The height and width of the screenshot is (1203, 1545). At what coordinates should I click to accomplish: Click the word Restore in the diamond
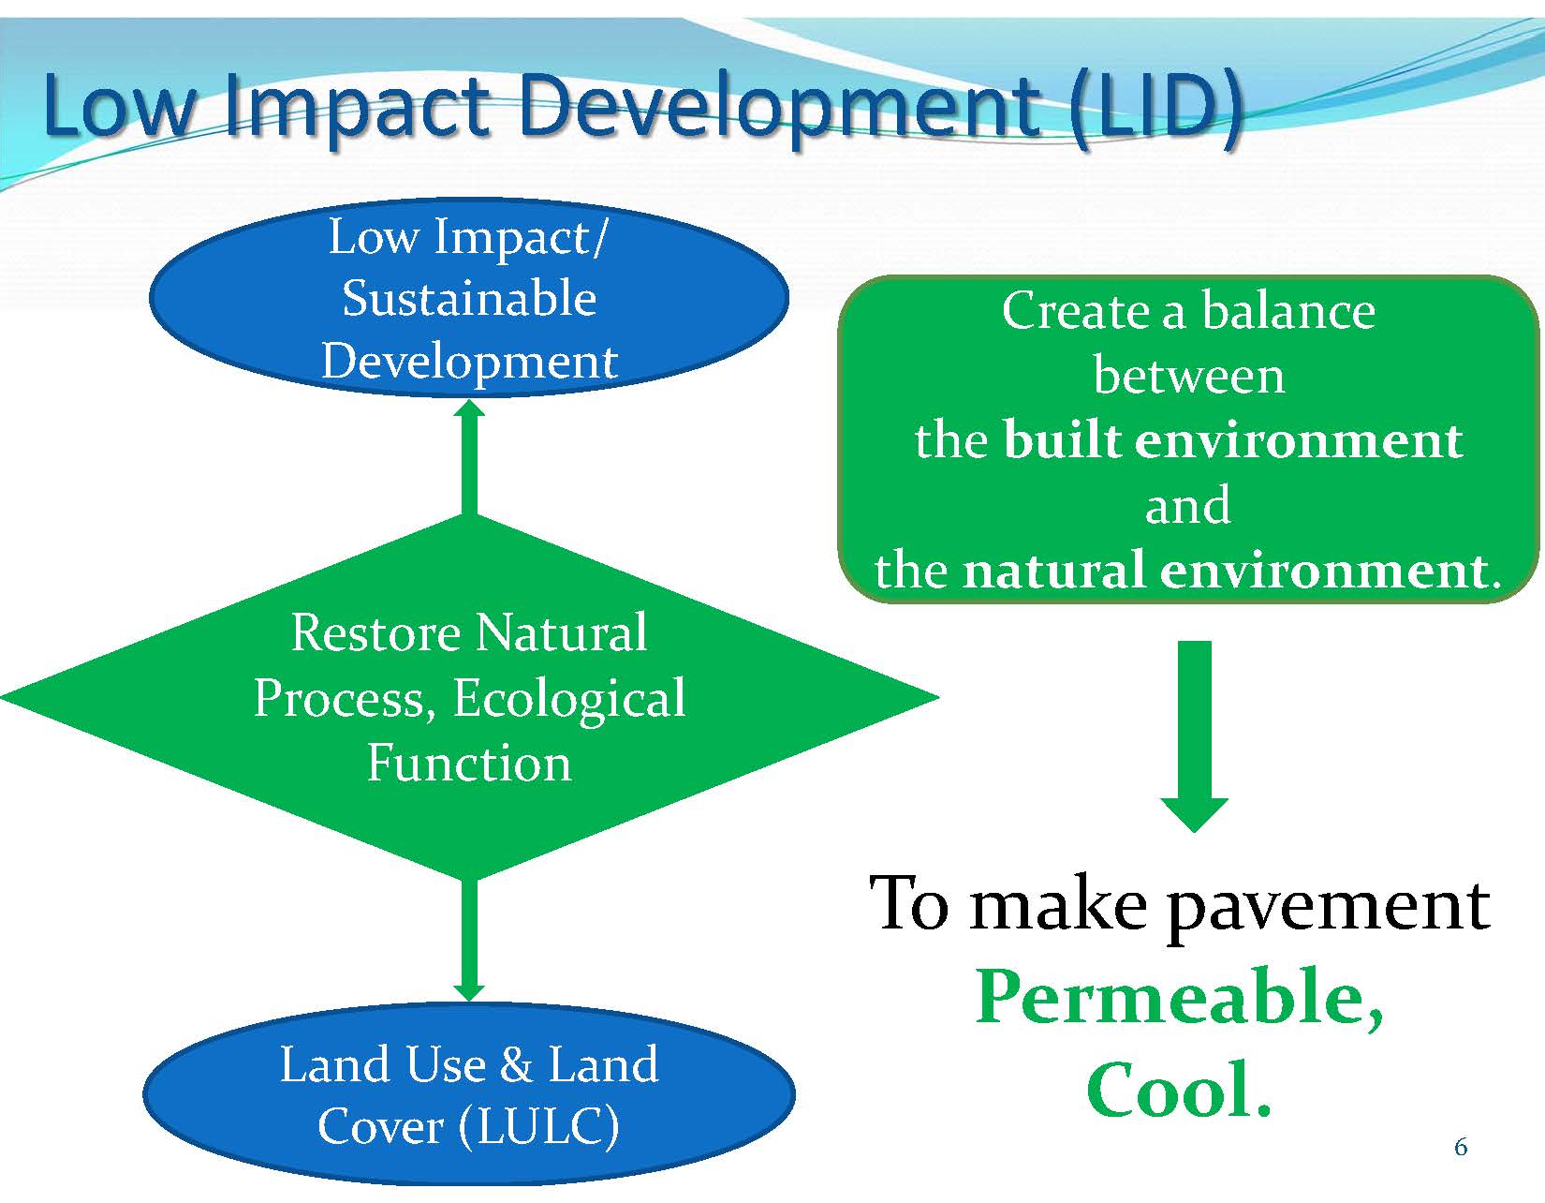click(x=375, y=632)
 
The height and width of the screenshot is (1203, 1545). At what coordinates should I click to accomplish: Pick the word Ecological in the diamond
click(x=568, y=700)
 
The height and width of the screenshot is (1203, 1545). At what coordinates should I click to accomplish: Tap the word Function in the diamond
click(x=469, y=764)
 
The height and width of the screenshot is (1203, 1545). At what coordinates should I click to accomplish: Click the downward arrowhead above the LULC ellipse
click(x=469, y=993)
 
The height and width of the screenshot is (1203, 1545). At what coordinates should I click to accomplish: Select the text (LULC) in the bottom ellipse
click(x=539, y=1128)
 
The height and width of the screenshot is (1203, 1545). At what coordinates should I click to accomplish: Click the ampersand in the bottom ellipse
click(x=516, y=1065)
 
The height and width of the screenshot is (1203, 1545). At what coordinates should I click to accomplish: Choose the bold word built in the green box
click(x=1063, y=440)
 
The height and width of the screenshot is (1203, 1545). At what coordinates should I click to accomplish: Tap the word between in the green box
click(x=1189, y=377)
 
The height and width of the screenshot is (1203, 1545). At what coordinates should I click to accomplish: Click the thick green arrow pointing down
click(x=1195, y=736)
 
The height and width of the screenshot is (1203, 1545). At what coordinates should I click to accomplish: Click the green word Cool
click(x=1178, y=1091)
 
